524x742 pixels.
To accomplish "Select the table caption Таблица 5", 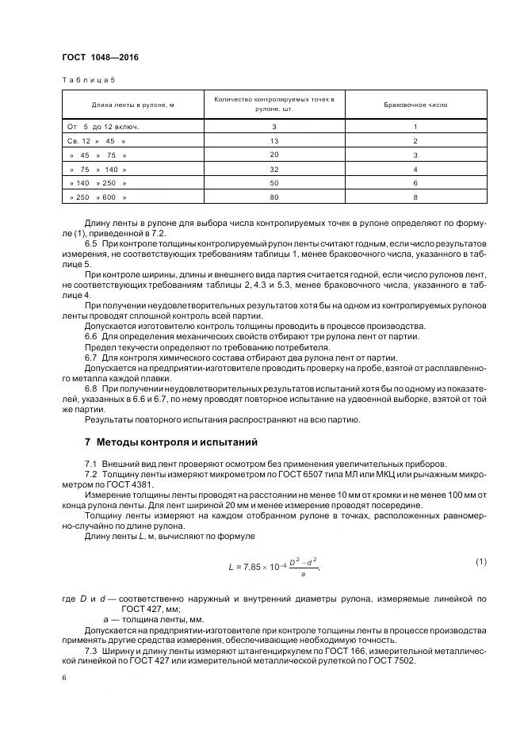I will point(88,80).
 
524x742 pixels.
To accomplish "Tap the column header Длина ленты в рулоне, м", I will point(132,104).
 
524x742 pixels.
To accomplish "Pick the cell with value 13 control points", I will point(273,140).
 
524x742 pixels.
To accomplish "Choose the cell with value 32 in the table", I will point(273,169).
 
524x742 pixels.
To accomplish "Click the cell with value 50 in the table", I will point(273,182).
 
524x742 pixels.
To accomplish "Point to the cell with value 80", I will point(273,197).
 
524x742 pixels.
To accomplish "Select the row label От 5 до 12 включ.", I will point(97,126).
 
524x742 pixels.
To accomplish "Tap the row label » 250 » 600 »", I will point(98,197).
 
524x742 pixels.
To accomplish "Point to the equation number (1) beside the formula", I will point(480,561).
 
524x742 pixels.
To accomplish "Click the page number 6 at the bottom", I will point(63,679).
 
